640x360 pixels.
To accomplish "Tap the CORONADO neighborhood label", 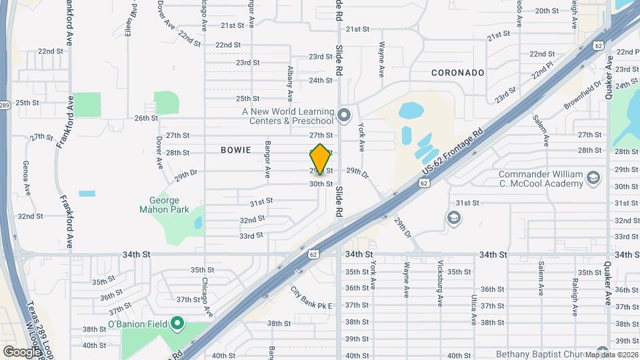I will click(x=457, y=72).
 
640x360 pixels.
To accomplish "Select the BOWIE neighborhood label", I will click(x=236, y=150).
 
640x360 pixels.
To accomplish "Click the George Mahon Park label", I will click(x=159, y=205).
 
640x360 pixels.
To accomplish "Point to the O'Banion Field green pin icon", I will click(x=177, y=325).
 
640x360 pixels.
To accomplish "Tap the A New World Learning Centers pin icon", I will click(x=344, y=116).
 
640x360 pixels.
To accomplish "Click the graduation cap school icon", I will click(x=453, y=218).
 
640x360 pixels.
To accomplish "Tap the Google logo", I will click(x=22, y=351).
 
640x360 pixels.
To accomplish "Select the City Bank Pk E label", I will click(x=311, y=299).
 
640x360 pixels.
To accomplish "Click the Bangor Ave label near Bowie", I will click(x=267, y=159).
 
